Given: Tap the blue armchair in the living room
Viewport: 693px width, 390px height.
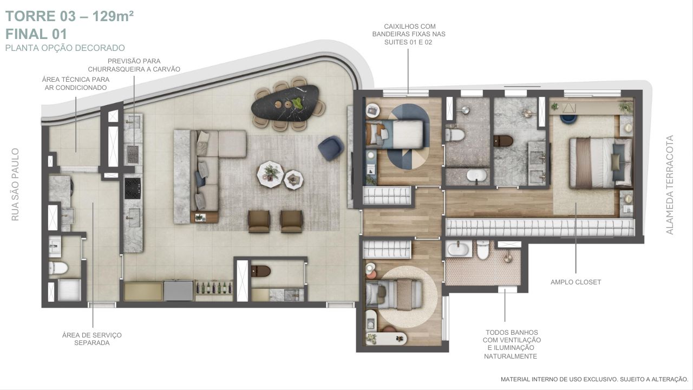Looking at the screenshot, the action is [x=331, y=148].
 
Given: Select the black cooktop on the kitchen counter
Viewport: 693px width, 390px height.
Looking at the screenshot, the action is [x=133, y=188].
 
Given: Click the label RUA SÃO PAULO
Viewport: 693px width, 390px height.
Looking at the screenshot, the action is [x=15, y=185].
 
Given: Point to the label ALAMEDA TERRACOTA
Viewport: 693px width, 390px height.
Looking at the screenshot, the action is [x=669, y=185].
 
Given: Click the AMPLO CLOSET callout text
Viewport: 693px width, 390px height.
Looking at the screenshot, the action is [x=576, y=282].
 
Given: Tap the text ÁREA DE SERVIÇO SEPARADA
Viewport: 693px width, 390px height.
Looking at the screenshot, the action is [x=92, y=339].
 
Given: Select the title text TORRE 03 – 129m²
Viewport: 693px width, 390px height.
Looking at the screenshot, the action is [x=70, y=16].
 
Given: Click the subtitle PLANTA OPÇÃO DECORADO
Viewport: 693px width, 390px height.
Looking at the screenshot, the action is [x=65, y=48].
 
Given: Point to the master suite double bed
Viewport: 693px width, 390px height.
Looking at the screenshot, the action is [x=600, y=163].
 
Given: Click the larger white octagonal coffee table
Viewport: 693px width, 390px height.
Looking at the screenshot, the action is [x=270, y=174].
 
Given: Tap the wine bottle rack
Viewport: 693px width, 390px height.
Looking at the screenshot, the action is [x=214, y=288].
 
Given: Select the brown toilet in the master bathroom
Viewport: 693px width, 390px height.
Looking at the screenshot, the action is [x=503, y=141].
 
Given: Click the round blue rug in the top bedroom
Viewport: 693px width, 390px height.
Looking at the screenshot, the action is [x=408, y=136].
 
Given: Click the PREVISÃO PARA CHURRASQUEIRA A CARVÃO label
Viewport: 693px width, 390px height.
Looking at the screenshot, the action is [x=134, y=65].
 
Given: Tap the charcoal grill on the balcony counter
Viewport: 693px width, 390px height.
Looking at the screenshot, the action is [x=133, y=154].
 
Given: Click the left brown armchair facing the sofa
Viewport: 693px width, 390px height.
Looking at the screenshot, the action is [x=259, y=222].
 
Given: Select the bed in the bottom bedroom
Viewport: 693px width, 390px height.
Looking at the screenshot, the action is [x=394, y=294].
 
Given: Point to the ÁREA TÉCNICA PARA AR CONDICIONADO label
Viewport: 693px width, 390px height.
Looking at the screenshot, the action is [x=76, y=83].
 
